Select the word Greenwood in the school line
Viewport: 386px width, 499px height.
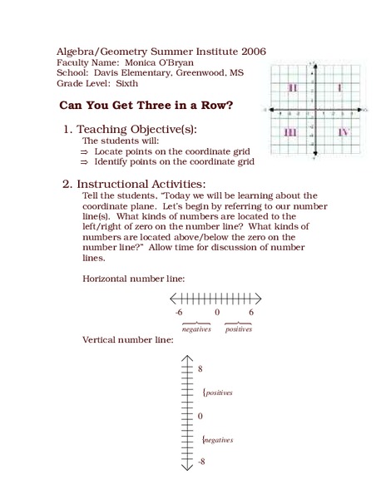pos(198,73)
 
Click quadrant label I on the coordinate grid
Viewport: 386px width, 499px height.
pos(338,88)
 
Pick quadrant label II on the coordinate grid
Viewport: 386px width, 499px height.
pos(293,88)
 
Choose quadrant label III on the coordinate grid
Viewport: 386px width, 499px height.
pos(291,132)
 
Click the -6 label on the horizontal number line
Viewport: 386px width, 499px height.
pos(178,312)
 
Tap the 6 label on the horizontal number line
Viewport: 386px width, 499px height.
pos(250,312)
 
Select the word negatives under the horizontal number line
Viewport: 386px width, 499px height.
pos(196,329)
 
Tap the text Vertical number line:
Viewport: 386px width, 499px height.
pos(128,340)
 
